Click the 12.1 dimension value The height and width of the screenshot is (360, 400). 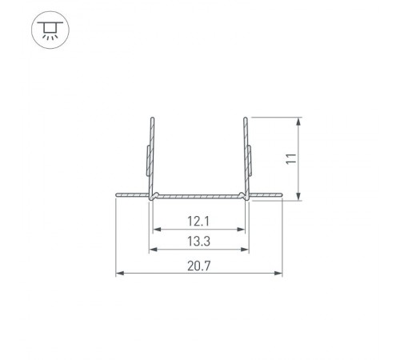pos(198,220)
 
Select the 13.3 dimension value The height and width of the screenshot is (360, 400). pos(198,241)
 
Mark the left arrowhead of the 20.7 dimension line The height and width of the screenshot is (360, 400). pos(119,274)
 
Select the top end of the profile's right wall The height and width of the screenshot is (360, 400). pos(246,120)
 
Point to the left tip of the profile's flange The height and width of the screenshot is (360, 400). pos(116,194)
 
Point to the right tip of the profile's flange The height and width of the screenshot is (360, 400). pos(282,194)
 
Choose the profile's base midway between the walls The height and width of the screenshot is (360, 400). pos(198,194)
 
